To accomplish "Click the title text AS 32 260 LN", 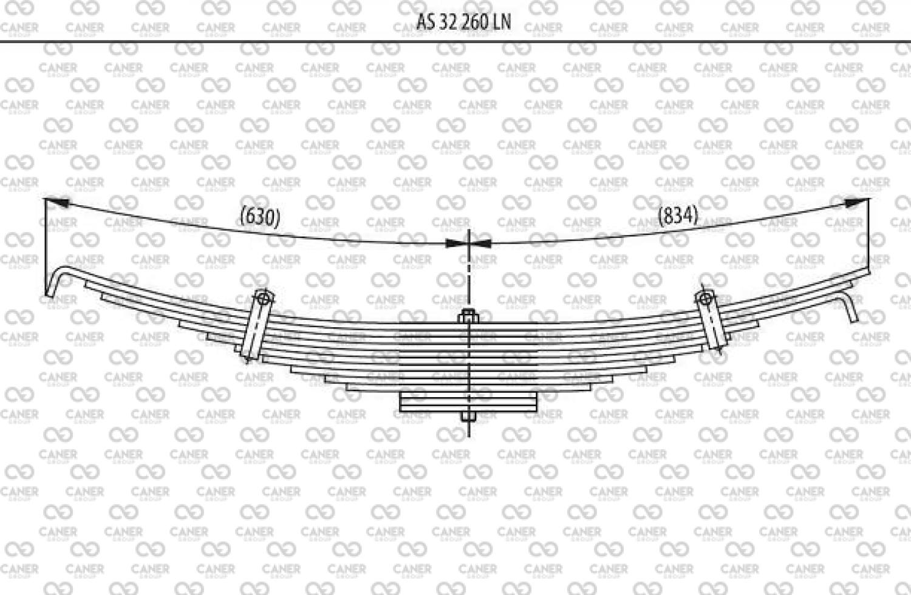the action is click(463, 22).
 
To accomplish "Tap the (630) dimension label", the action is click(261, 216).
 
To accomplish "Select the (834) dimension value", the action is click(678, 216).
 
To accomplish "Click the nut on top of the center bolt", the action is click(468, 316).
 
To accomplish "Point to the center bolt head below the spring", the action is click(468, 416).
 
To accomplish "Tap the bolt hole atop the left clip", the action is click(264, 298).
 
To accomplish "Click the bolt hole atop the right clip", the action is click(705, 299).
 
